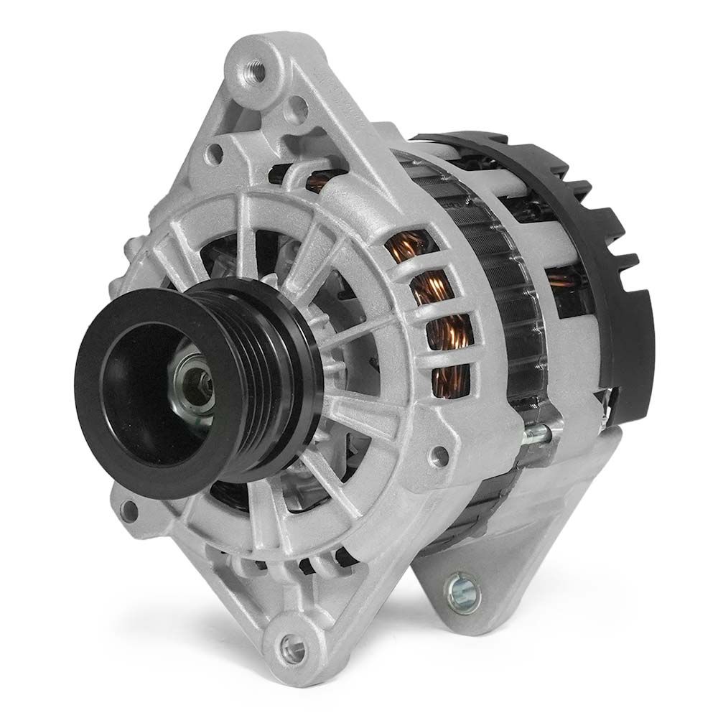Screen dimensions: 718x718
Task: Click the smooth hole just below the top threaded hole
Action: tap(296, 110)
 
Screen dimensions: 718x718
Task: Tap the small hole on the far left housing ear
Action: tap(130, 511)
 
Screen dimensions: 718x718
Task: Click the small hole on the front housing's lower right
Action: tap(437, 454)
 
